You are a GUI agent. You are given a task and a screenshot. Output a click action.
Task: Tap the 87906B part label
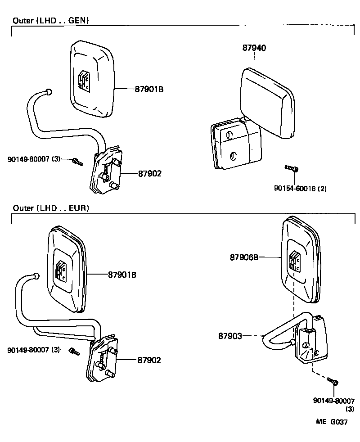coord(244,257)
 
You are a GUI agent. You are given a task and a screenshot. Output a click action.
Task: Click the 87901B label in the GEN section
coord(148,90)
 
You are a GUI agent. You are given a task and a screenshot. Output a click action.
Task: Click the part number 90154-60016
coord(300,189)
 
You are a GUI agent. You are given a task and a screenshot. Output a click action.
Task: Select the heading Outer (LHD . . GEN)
coord(50,20)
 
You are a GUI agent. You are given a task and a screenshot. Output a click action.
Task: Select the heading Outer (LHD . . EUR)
coord(51,208)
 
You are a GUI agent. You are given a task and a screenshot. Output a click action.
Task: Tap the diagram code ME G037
coord(331,422)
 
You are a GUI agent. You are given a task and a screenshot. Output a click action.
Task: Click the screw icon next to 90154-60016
coord(292,169)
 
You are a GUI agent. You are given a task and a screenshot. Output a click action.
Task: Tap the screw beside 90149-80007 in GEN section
coord(77,161)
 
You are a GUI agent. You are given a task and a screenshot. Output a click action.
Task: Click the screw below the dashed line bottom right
coord(333,382)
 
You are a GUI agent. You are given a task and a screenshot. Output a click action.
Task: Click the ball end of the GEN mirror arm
coord(49,92)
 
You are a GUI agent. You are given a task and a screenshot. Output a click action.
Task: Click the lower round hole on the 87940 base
coord(233,156)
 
